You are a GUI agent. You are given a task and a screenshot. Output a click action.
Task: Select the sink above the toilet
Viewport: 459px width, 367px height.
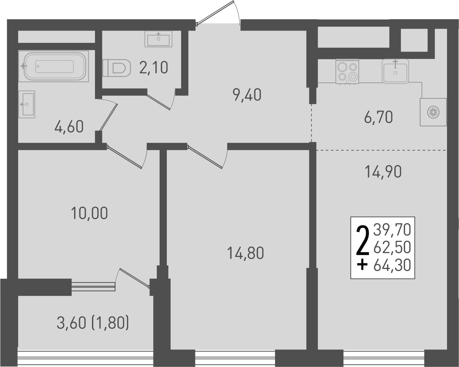[x=158, y=39]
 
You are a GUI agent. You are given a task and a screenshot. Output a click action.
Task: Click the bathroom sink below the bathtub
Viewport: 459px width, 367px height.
[x=27, y=104]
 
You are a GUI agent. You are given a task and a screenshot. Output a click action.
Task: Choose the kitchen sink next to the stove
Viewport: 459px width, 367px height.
[x=395, y=71]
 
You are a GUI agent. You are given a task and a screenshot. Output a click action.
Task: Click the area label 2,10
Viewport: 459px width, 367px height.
[x=154, y=68]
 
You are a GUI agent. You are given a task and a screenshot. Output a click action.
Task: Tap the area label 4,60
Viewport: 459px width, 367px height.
[x=69, y=127]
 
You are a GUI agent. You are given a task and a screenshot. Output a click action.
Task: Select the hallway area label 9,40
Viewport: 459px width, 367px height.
[x=247, y=95]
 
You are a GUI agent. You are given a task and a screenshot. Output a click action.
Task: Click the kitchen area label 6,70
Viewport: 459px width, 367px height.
[x=378, y=117]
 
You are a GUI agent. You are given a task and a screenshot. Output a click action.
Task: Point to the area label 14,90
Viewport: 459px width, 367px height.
[x=383, y=172]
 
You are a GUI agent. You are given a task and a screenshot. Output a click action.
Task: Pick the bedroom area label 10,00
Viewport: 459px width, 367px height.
[x=89, y=214]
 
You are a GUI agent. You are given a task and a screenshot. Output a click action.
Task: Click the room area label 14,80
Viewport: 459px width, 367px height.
[x=245, y=253]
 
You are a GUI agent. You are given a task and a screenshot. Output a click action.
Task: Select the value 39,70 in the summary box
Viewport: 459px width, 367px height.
[x=392, y=230]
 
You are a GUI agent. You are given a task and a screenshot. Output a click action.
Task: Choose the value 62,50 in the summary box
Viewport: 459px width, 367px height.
[x=392, y=248]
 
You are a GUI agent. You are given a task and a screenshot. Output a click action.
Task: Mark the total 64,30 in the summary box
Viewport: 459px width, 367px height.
[x=392, y=265]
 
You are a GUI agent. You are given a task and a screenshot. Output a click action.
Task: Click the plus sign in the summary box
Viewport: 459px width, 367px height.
[x=362, y=265]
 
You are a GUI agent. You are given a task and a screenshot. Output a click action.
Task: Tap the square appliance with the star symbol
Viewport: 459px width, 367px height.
[x=433, y=112]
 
